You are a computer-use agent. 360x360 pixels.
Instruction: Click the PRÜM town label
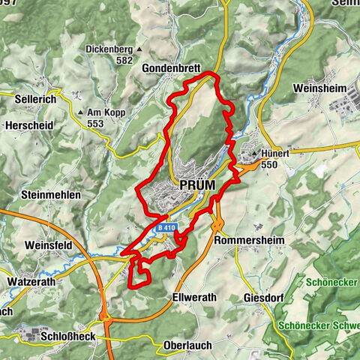click(199, 184)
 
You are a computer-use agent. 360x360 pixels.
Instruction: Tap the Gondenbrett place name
click(171, 67)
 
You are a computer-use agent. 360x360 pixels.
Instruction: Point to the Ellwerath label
click(193, 297)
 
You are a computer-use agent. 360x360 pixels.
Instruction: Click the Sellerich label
click(37, 97)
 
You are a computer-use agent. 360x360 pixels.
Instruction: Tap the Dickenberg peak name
click(109, 48)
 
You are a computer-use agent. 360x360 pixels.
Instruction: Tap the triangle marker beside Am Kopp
click(81, 113)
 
